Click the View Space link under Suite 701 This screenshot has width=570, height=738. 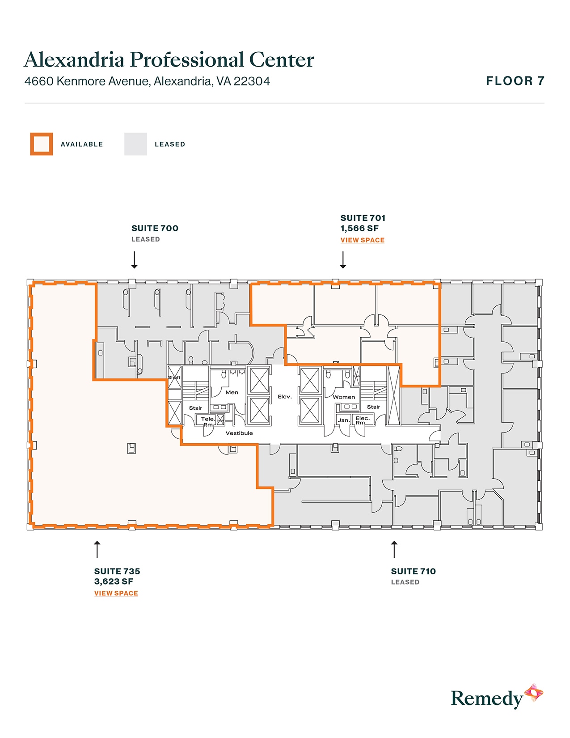pos(362,240)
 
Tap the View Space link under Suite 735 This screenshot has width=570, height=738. pos(116,594)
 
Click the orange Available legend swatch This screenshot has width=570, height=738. pos(42,144)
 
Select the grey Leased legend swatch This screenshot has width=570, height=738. pos(135,144)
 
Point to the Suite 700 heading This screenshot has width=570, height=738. pos(155,228)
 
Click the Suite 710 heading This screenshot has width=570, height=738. pos(413,571)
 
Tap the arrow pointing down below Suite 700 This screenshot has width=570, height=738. pos(134,260)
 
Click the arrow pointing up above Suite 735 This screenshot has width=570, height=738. pos(97,549)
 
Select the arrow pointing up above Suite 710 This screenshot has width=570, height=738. pos(394,549)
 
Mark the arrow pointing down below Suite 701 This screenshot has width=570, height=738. pos(343,260)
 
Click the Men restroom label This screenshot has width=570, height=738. pos(232,392)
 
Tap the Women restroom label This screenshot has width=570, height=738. pos(344,397)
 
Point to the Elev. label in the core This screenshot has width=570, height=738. pos(285,396)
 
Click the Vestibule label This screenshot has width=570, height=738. pos(239,433)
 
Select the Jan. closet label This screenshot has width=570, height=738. pos(343,420)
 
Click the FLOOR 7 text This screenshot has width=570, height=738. pos(515,81)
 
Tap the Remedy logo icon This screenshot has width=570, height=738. pos(534,693)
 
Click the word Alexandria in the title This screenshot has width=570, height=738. pos(74,59)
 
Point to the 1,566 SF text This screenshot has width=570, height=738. pos(359,229)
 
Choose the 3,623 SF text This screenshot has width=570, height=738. pos(114,581)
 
